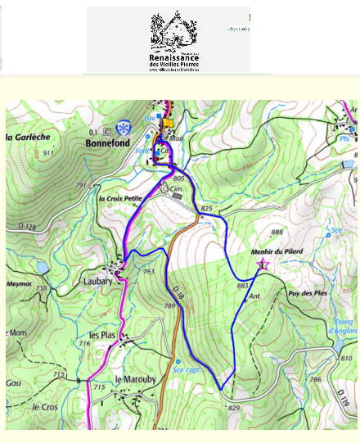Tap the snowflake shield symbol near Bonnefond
(x=123, y=129)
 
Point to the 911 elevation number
(x=48, y=152)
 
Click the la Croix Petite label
(x=120, y=199)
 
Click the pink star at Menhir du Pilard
(x=263, y=264)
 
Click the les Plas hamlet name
(x=101, y=336)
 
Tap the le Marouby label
(x=129, y=379)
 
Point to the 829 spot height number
(x=235, y=408)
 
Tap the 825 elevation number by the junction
(x=206, y=210)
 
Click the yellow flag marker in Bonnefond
(x=169, y=124)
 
